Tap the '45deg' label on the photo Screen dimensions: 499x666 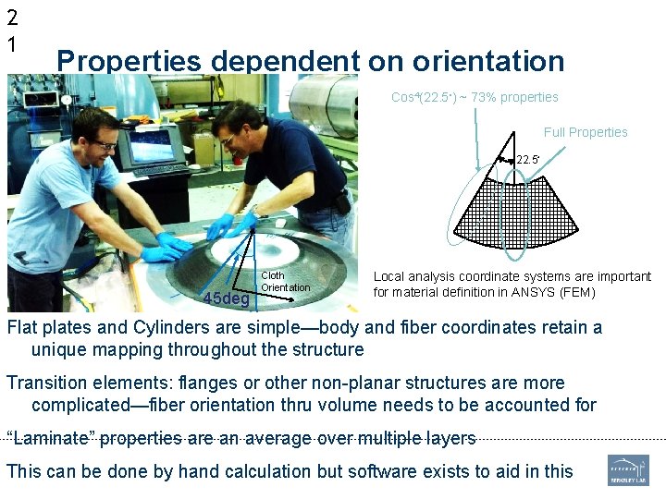point(226,298)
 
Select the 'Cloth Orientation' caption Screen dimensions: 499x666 point(286,282)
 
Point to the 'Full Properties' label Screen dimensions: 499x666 point(586,132)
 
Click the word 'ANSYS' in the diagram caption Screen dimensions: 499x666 point(521,293)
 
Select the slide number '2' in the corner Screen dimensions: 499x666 point(12,17)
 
